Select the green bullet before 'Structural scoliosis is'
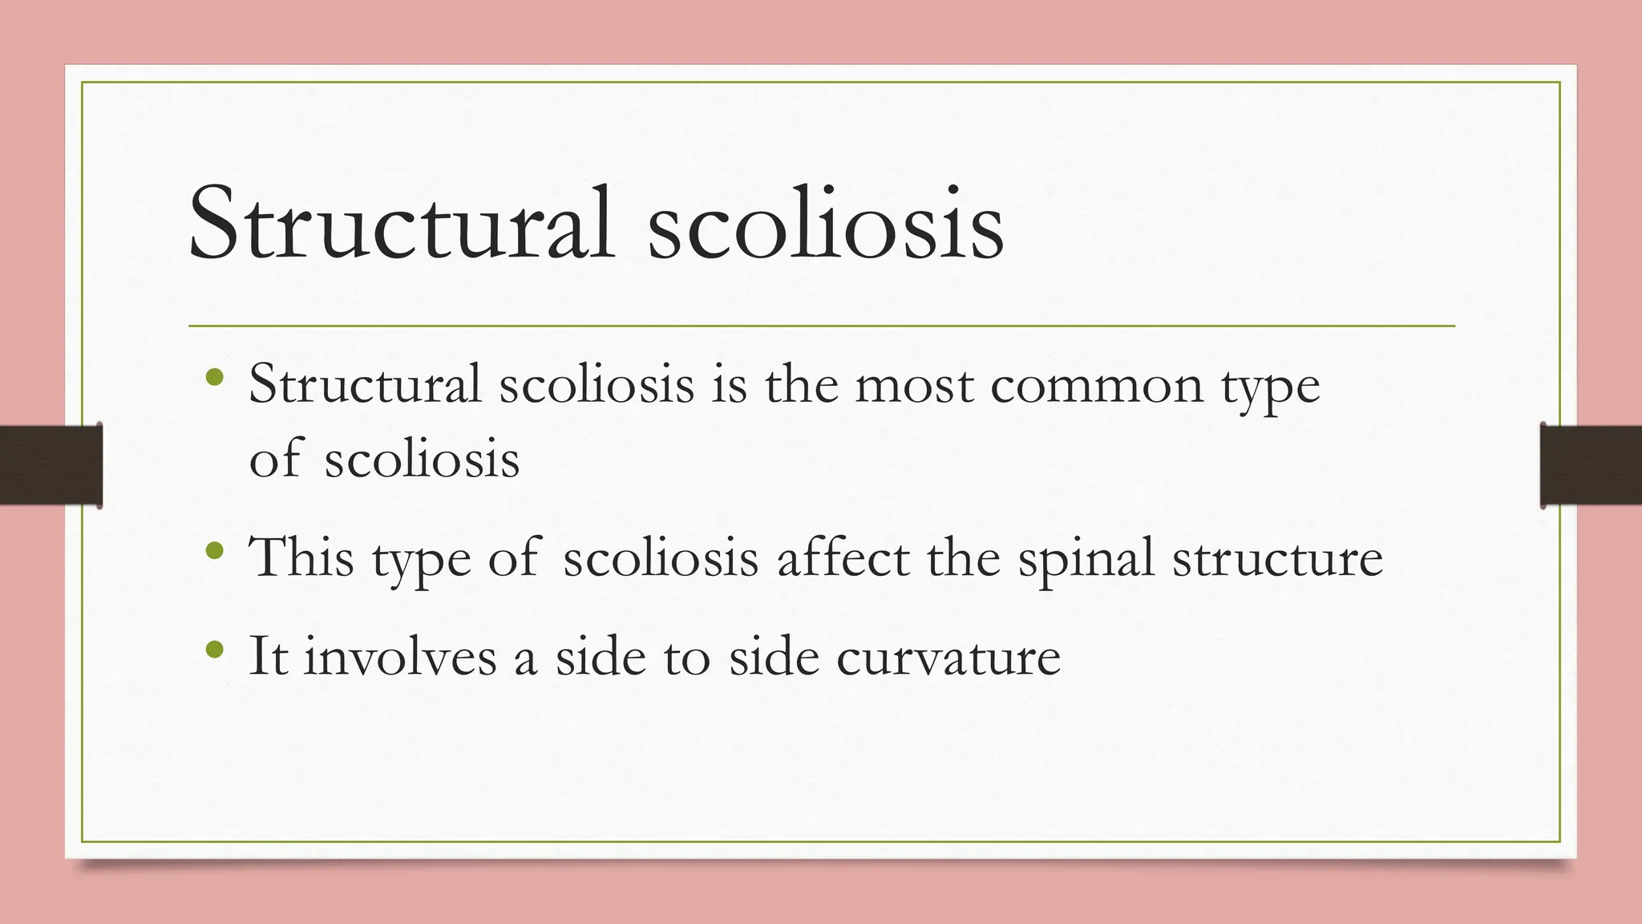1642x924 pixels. pos(214,376)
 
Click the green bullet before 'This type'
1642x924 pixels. pos(214,550)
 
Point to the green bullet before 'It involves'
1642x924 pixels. pos(214,648)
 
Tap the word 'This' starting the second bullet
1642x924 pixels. pos(301,557)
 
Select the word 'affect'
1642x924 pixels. pos(843,557)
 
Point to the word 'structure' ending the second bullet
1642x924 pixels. pos(1278,558)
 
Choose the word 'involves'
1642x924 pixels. pos(400,656)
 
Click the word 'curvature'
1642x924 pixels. pos(948,657)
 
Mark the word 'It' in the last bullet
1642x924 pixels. pos(268,656)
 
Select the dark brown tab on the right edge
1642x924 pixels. pos(1591,465)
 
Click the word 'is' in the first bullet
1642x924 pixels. pos(729,385)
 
